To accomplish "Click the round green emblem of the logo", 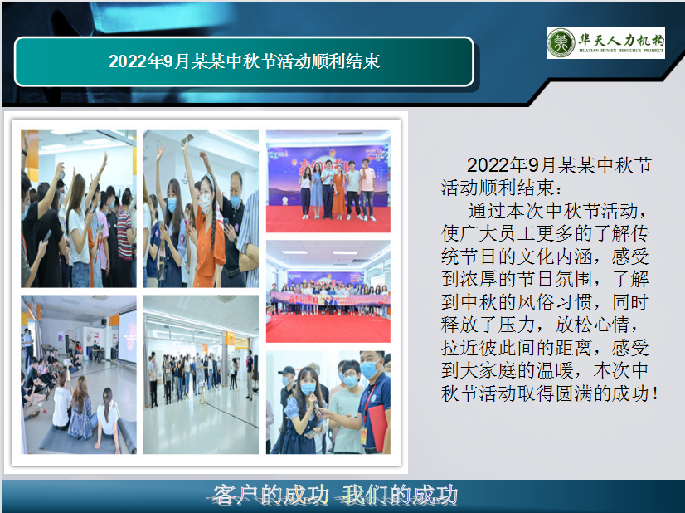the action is click(x=561, y=42).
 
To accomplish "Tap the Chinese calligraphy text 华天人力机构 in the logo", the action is click(x=621, y=39).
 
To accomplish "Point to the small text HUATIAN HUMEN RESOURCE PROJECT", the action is click(x=621, y=51).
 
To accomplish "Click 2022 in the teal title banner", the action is click(x=128, y=61).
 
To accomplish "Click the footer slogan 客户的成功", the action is click(x=270, y=496).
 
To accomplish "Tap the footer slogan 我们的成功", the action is click(x=399, y=496).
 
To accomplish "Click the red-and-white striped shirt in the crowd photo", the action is click(x=124, y=237).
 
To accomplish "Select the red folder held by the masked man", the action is click(x=377, y=428).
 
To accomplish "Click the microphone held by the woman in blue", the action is click(x=315, y=403).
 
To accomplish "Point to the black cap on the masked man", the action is click(x=287, y=371).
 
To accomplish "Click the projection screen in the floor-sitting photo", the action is click(x=127, y=336).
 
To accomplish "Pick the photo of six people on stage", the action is click(x=328, y=182).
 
